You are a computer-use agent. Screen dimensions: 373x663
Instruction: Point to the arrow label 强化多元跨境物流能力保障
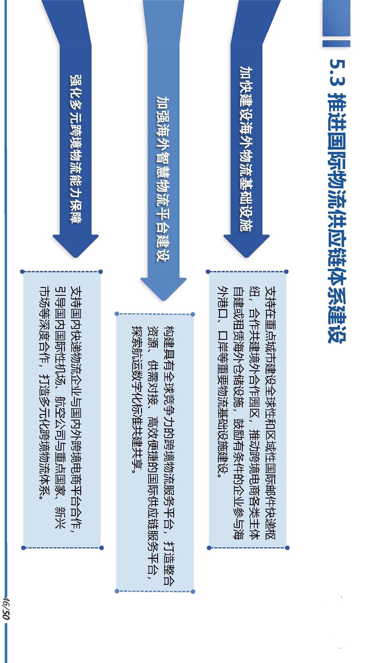click(x=76, y=149)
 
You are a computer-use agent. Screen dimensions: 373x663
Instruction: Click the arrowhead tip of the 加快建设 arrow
click(x=246, y=258)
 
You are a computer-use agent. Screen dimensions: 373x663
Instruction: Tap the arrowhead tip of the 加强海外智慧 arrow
click(x=163, y=301)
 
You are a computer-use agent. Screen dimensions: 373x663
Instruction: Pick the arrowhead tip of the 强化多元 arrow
click(x=76, y=258)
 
